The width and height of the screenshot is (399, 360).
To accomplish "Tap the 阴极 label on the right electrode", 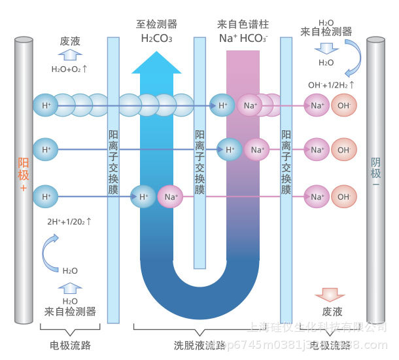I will point(375,169).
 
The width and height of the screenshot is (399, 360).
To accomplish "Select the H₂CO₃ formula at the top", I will point(156,38).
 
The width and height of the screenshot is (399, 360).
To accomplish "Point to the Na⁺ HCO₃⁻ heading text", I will point(243,38).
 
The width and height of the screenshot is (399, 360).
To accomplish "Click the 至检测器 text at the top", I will point(156,24).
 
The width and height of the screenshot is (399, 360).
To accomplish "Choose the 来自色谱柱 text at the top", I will point(243,24).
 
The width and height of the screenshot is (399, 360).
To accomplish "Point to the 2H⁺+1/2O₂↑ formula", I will point(69,221).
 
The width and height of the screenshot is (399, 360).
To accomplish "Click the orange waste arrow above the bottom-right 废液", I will point(329,295).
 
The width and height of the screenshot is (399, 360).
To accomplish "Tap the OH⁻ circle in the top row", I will point(344,105).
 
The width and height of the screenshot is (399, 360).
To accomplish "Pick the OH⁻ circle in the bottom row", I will point(344,196).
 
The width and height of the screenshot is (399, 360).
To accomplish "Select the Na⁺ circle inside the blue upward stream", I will point(171,196).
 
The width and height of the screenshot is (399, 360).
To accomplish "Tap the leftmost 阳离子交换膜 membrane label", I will point(113,163).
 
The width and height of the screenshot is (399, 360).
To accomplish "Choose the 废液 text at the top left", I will point(71,41).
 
